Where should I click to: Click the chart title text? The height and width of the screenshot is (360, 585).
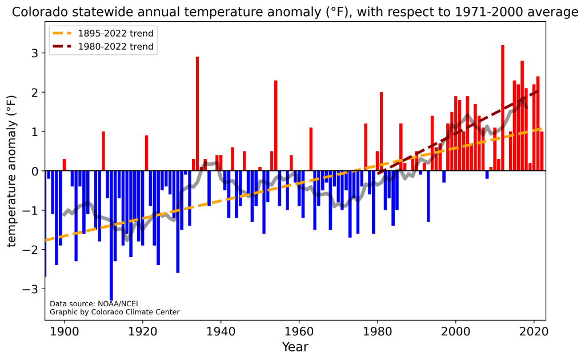pos(295,11)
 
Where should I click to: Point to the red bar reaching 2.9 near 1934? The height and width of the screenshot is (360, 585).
pos(197,114)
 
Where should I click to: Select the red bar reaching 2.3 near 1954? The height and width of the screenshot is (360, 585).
pos(276,126)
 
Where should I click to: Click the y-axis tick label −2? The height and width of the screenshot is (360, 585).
pos(34,250)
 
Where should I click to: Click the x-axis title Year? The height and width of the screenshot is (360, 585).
pos(295,347)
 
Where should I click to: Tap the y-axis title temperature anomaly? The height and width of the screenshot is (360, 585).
pos(12,171)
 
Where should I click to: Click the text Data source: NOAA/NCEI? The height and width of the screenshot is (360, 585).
pos(94,304)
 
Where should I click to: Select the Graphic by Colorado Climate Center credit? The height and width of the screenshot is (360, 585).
pos(114,312)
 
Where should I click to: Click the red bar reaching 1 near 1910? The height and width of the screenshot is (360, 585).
pos(103,151)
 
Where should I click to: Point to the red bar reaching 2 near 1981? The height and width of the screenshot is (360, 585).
pos(381,131)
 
